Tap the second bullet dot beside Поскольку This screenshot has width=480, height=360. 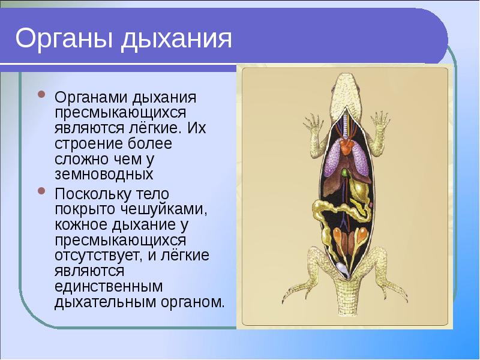click(41, 191)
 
